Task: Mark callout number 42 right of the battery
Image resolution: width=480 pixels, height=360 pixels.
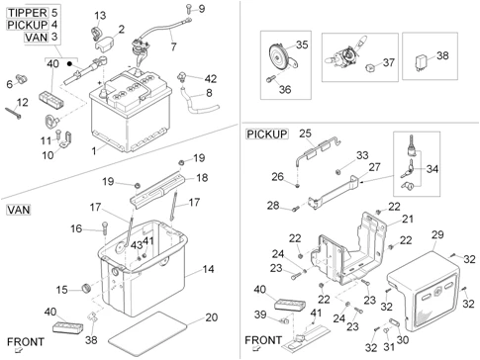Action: click(x=210, y=78)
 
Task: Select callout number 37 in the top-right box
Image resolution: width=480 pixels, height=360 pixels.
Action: click(x=388, y=61)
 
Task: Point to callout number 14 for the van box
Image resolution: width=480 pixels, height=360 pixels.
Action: click(x=207, y=269)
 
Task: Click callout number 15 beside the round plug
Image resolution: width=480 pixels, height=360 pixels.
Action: click(x=61, y=289)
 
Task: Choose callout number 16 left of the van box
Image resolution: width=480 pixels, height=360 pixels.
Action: click(x=75, y=229)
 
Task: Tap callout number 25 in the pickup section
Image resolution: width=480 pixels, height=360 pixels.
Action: click(x=305, y=133)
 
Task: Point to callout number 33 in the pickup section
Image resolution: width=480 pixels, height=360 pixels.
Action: click(x=362, y=155)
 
